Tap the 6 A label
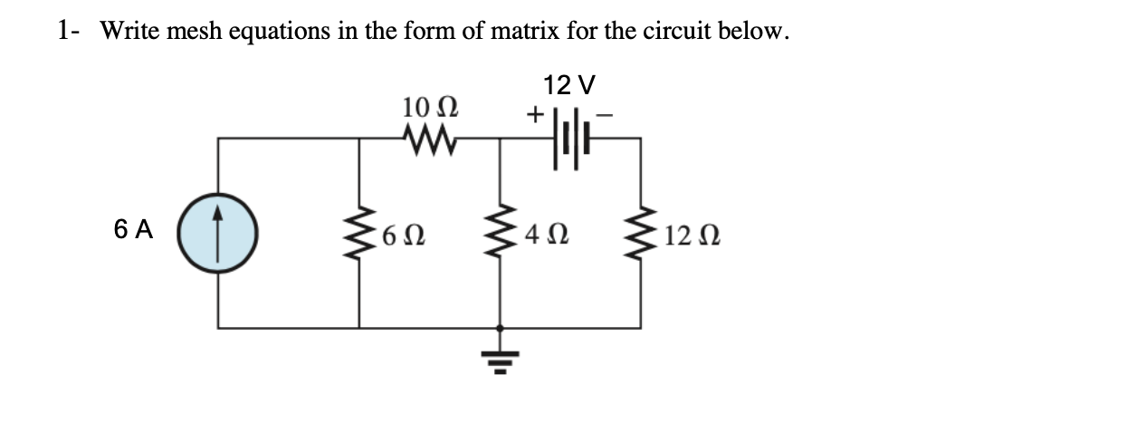click(x=133, y=230)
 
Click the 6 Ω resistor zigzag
click(x=360, y=237)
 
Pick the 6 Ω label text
click(x=399, y=238)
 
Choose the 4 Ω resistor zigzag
click(x=501, y=237)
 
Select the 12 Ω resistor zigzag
click(x=643, y=237)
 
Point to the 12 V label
click(x=570, y=85)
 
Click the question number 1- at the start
click(x=70, y=33)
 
